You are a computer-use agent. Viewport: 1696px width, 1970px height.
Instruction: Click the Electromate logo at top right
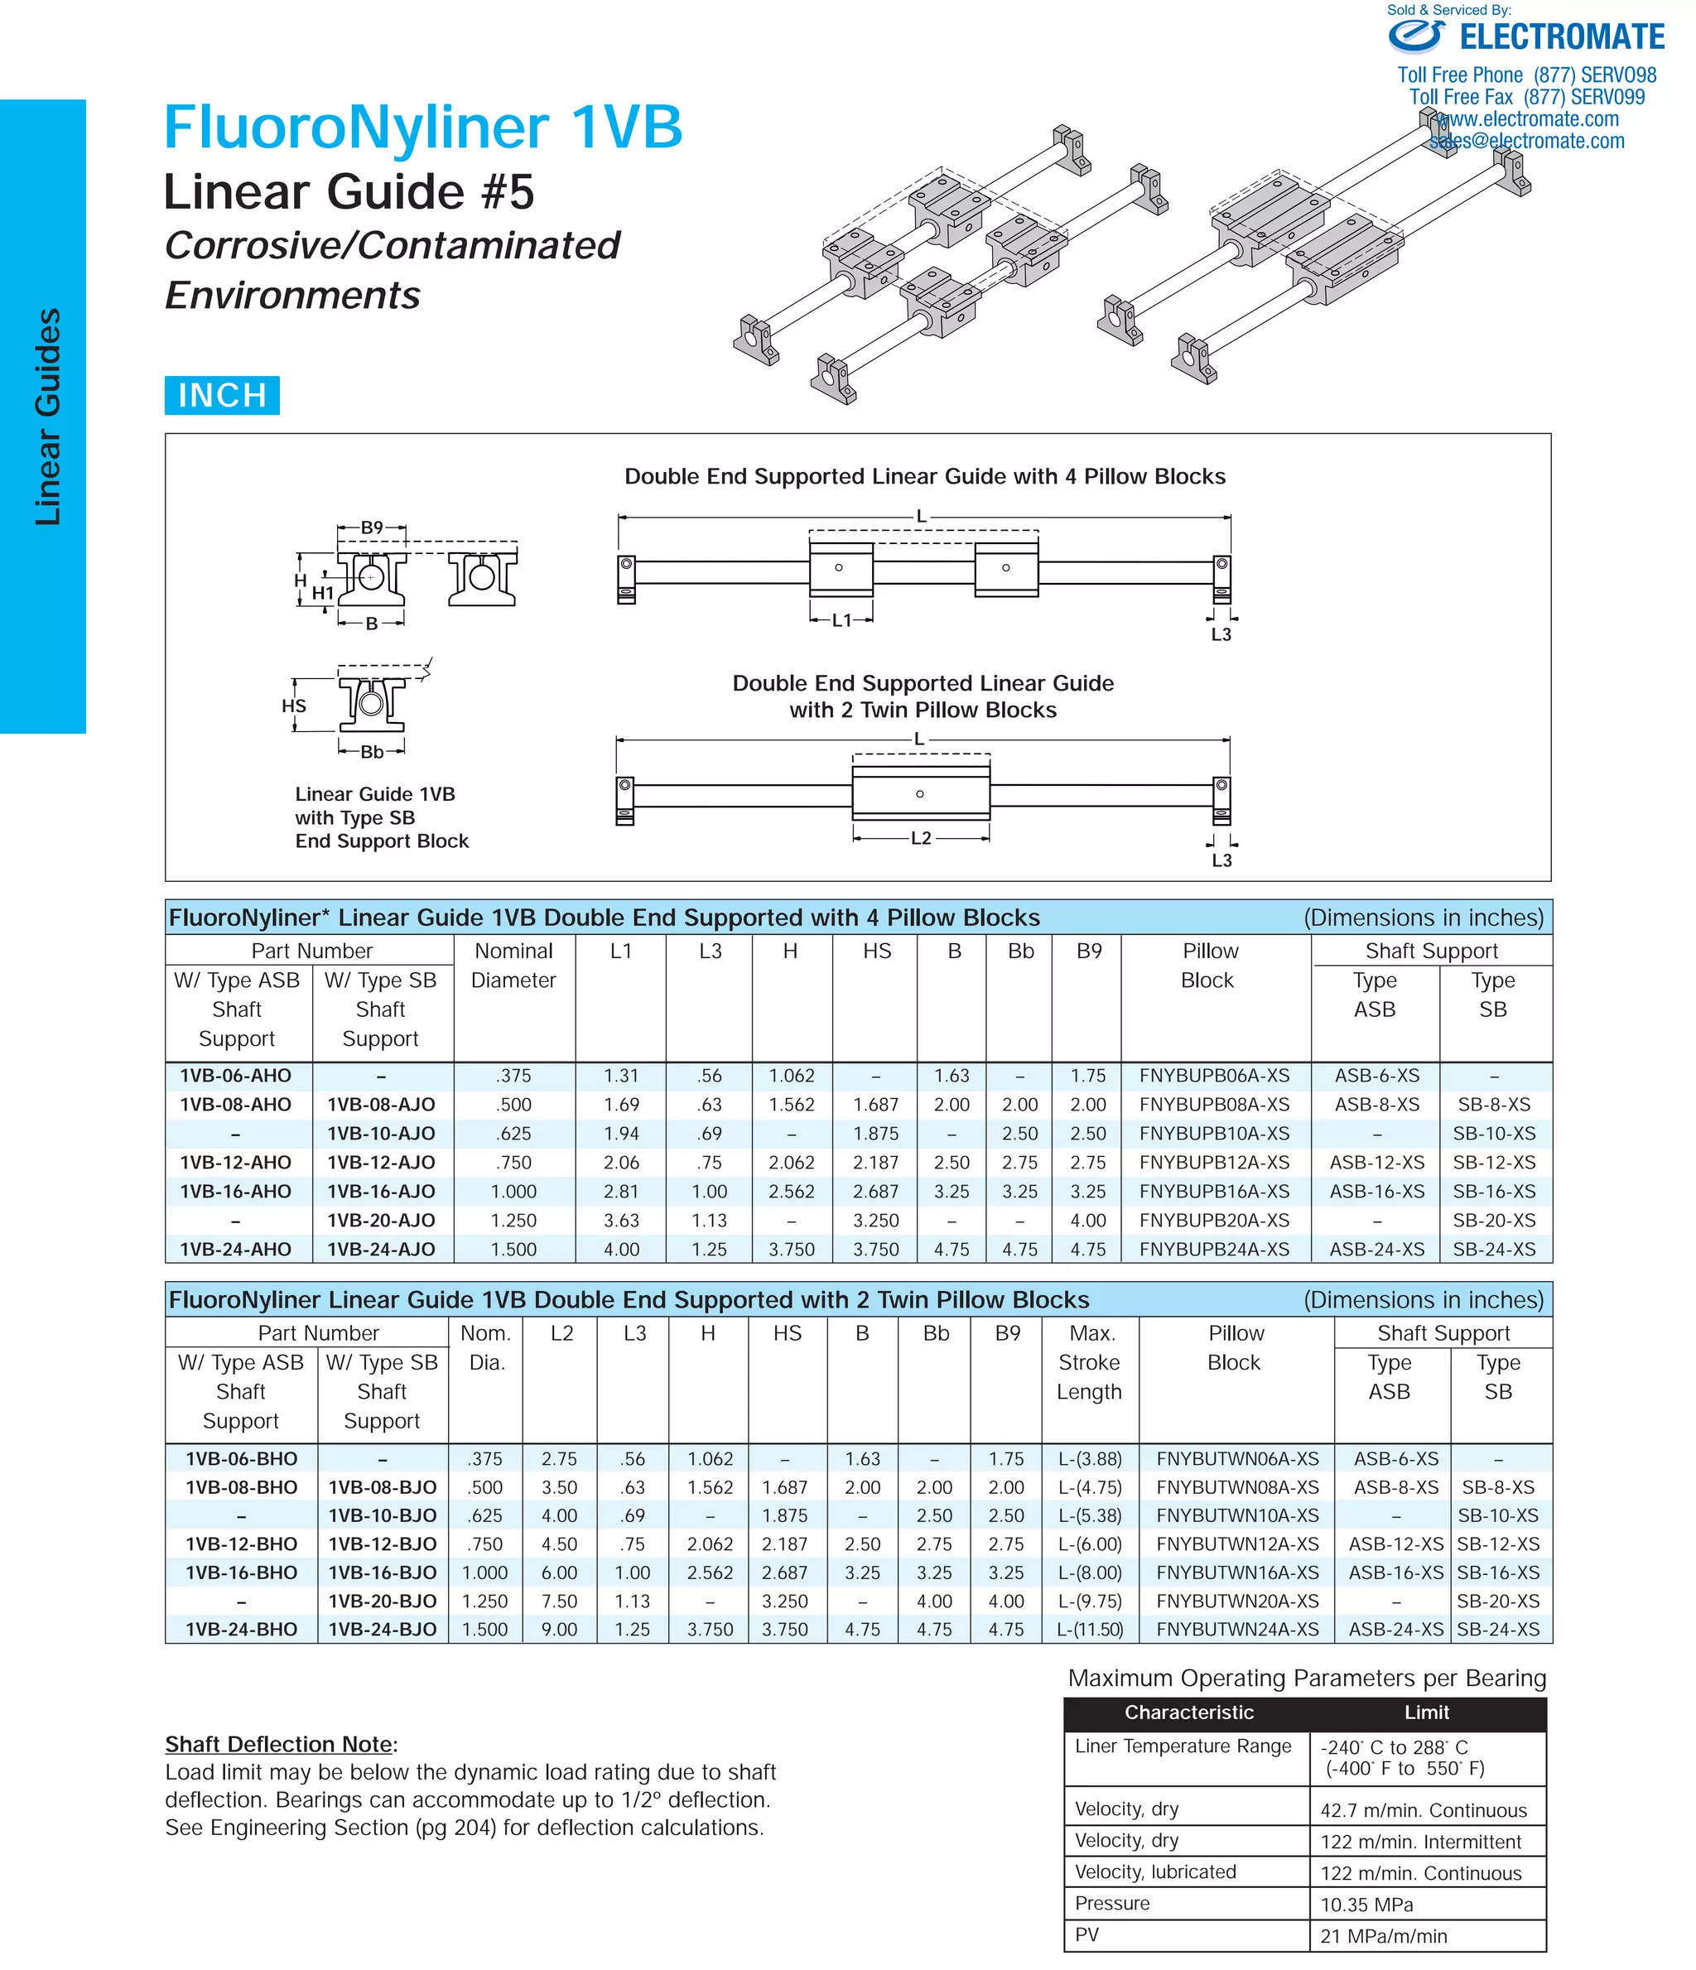coord(1526,37)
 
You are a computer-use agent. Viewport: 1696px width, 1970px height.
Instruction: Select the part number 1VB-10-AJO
coord(380,1134)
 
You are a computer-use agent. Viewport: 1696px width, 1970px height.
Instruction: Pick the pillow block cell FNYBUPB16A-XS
coord(1214,1192)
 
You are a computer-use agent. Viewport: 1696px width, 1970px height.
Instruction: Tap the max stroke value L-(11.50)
coord(1090,1629)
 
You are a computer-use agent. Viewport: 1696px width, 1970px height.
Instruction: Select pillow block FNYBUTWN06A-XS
coord(1237,1458)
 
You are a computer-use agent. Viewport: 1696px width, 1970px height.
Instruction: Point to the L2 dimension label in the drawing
coord(920,838)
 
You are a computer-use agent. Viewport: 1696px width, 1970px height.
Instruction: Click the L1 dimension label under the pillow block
coord(841,620)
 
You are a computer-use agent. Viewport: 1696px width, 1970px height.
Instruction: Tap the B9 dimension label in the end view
coord(372,527)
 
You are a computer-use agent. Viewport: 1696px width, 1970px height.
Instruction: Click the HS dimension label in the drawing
coord(294,706)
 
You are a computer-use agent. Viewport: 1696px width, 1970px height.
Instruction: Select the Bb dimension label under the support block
coord(372,752)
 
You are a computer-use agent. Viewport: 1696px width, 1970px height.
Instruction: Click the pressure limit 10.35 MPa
coord(1366,1905)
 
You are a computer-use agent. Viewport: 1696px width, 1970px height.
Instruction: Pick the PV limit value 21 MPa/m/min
coord(1383,1936)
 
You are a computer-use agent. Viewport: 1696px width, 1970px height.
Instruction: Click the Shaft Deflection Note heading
coord(281,1744)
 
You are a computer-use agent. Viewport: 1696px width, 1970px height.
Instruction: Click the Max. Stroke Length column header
coord(1090,1361)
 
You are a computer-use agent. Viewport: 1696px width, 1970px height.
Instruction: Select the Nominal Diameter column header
coord(513,965)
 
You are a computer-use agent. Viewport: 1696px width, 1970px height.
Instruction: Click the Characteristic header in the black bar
coord(1188,1712)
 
